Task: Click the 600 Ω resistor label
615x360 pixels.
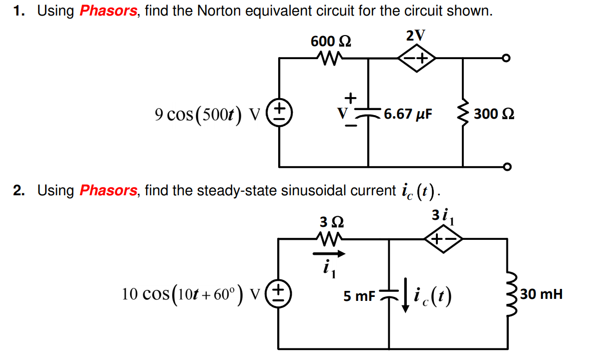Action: point(331,41)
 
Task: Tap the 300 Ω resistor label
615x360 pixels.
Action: point(494,114)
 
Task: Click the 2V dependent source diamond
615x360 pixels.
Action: point(416,59)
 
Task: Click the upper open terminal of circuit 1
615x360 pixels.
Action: point(507,59)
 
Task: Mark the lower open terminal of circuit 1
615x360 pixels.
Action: point(507,166)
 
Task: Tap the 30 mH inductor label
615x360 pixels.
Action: point(541,294)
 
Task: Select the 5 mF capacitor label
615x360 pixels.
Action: point(359,296)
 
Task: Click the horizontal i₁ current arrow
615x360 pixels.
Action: point(329,254)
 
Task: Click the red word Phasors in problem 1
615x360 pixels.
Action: point(108,11)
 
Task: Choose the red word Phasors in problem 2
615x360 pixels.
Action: point(108,190)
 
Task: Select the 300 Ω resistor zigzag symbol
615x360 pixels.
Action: point(463,114)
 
